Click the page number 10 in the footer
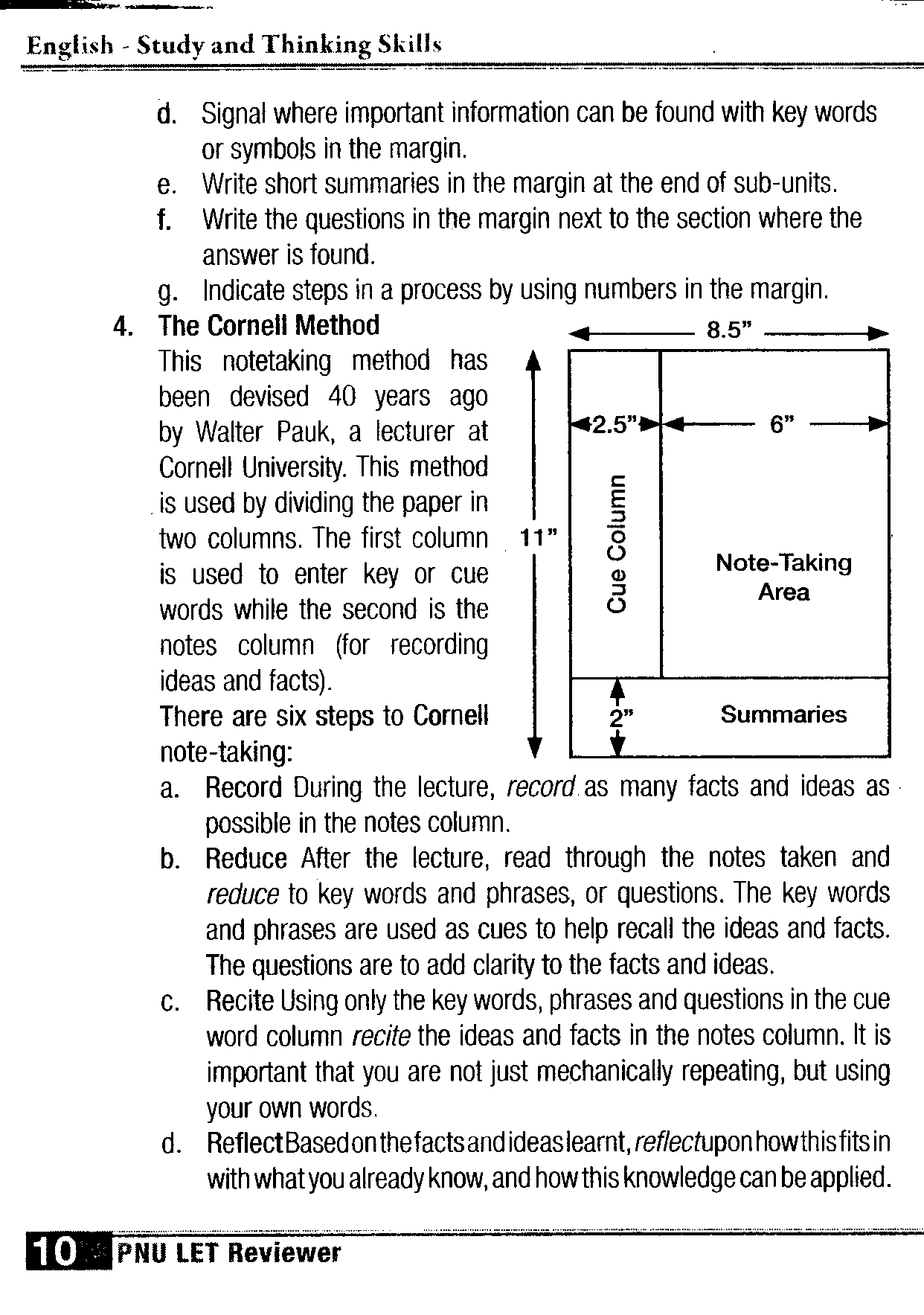click(x=52, y=1252)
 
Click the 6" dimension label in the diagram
click(x=778, y=425)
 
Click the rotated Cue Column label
click(x=617, y=543)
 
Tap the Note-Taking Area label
click(x=783, y=577)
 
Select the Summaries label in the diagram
click(x=783, y=715)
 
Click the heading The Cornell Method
click(x=269, y=325)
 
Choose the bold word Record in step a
click(x=244, y=787)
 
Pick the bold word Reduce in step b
click(x=246, y=859)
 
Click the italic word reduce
click(x=242, y=895)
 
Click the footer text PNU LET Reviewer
click(x=228, y=1253)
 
